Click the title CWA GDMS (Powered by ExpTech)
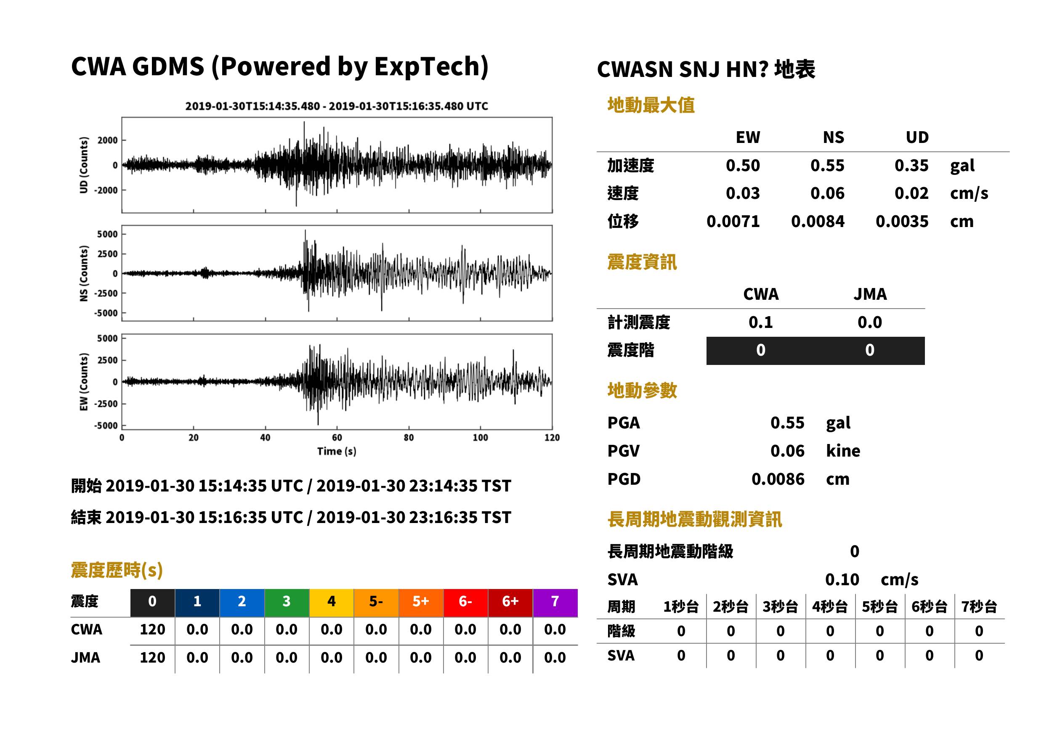(279, 66)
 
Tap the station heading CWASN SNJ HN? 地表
(706, 70)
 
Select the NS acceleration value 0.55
(827, 166)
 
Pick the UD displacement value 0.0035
(902, 222)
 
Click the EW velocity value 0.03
(743, 193)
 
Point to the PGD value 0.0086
(778, 479)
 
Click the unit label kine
(843, 451)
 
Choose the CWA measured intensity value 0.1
(761, 322)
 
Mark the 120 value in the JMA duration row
(152, 658)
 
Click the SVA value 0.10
(842, 580)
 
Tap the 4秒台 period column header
(829, 607)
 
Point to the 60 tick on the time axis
(337, 438)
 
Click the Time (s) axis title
(337, 452)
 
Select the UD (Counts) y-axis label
(84, 165)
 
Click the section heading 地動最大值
(651, 106)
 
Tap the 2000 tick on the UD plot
(107, 140)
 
